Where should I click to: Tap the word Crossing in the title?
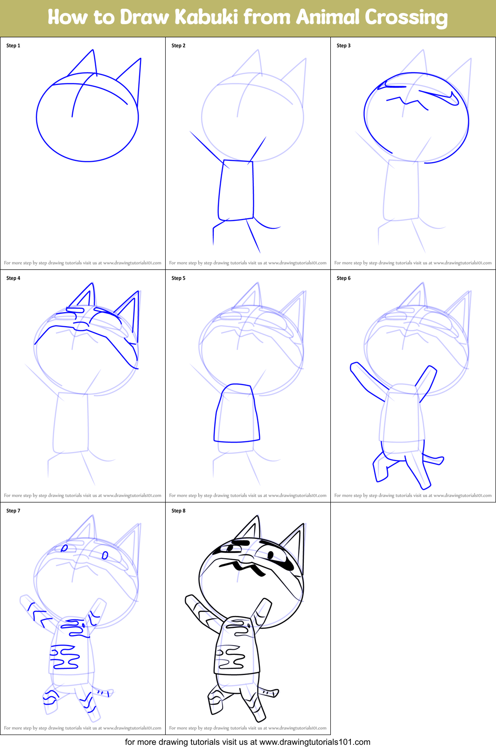coord(406,17)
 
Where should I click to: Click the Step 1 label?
coord(13,46)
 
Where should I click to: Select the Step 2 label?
coord(178,46)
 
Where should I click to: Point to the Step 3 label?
coord(343,46)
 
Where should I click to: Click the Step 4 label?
coord(13,278)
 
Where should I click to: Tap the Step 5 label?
coord(178,278)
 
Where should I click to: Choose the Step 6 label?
coord(343,278)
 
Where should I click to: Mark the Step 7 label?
coord(13,511)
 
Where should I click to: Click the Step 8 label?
coord(178,511)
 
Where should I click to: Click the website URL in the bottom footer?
coord(314,742)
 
